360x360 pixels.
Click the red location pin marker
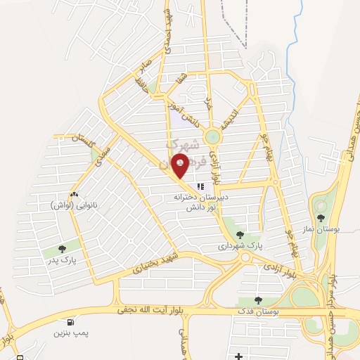point(181,167)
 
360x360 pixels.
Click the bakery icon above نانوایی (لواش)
point(74,193)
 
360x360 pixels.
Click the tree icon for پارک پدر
point(63,248)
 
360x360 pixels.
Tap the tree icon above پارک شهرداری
point(240,235)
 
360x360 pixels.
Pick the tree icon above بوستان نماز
point(321,218)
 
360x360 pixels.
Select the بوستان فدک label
point(258,311)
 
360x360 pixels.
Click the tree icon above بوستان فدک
point(258,300)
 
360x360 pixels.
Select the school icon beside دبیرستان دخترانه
point(200,187)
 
